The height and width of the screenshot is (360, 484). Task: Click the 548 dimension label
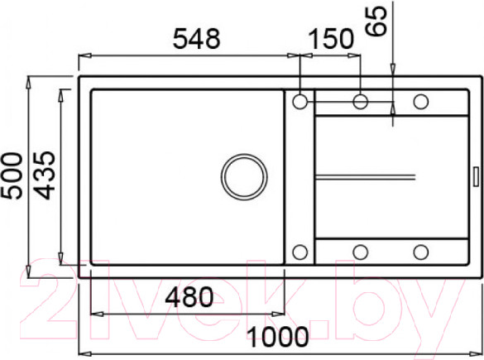pyautogui.click(x=197, y=39)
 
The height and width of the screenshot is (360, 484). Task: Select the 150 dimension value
pyautogui.click(x=331, y=39)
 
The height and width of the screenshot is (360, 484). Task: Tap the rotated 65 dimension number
pyautogui.click(x=376, y=21)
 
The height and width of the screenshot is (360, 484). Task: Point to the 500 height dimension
pyautogui.click(x=12, y=175)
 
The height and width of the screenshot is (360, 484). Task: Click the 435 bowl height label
pyautogui.click(x=44, y=175)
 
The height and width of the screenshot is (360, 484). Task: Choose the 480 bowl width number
pyautogui.click(x=189, y=297)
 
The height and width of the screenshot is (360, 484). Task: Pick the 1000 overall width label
pyautogui.click(x=278, y=337)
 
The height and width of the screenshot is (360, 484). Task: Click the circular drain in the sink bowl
pyautogui.click(x=244, y=177)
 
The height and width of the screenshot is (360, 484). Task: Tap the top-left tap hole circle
pyautogui.click(x=300, y=102)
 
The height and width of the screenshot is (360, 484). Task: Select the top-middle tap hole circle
pyautogui.click(x=360, y=102)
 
